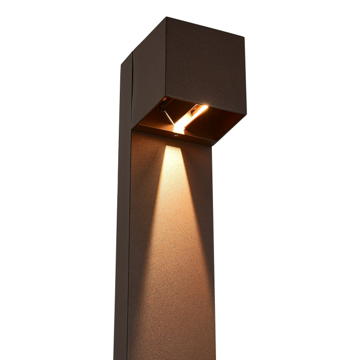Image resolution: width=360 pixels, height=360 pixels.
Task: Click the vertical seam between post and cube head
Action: [x=133, y=87]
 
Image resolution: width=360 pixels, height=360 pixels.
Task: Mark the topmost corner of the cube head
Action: [x=166, y=17]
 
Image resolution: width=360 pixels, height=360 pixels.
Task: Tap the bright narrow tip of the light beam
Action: [x=173, y=149]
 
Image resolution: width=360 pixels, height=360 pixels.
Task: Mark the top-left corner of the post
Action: [x=121, y=64]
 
